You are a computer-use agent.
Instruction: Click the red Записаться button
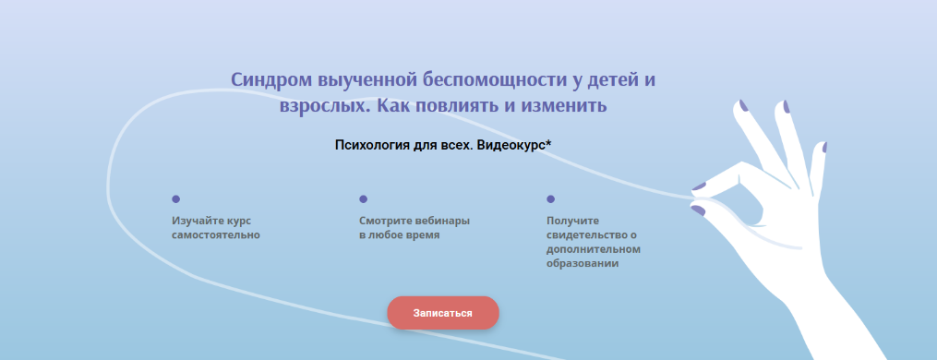[442, 313]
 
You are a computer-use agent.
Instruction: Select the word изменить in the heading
[566, 105]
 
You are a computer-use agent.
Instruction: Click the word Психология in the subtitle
[374, 145]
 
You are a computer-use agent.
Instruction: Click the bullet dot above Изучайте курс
[175, 198]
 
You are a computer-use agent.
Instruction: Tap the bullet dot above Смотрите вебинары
[363, 198]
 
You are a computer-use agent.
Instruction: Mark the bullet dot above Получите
[550, 198]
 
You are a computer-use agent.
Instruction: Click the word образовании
[582, 264]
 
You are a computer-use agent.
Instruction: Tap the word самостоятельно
[215, 235]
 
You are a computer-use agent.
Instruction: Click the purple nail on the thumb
[699, 210]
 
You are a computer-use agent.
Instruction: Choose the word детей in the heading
[608, 79]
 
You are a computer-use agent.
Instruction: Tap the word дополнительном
[593, 249]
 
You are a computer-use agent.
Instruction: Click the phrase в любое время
[399, 235]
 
